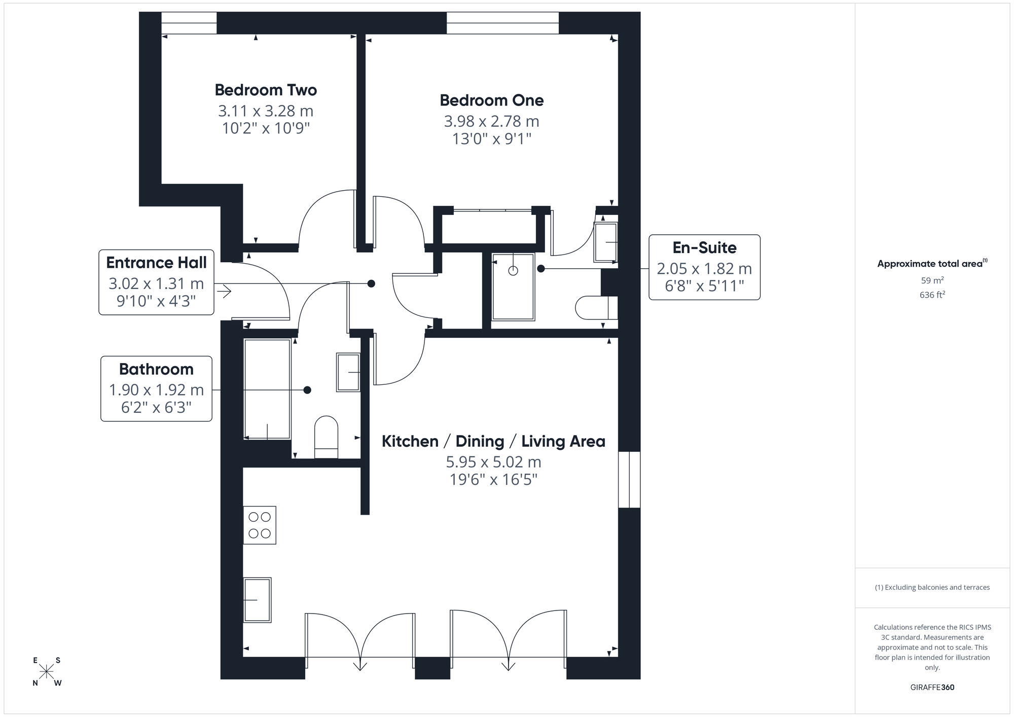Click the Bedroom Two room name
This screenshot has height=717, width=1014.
266,90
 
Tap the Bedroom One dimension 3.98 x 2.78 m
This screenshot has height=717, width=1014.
491,121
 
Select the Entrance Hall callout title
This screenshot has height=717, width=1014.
156,263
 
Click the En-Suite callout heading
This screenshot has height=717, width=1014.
704,247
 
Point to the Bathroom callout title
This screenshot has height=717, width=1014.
156,369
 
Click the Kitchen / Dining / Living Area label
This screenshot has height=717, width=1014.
493,441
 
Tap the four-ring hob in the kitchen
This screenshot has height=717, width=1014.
260,525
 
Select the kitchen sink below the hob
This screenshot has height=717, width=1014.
258,600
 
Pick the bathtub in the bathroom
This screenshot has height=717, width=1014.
267,389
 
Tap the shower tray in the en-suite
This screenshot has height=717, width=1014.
513,287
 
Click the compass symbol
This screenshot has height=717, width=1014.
47,672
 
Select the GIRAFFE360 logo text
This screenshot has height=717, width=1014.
932,688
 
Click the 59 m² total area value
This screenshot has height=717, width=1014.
932,280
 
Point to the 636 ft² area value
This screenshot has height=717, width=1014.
932,295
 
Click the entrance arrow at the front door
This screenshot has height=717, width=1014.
224,291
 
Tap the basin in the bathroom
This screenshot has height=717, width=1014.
348,373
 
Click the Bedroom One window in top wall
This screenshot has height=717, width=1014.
502,23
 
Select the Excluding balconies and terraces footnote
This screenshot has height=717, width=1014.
932,587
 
